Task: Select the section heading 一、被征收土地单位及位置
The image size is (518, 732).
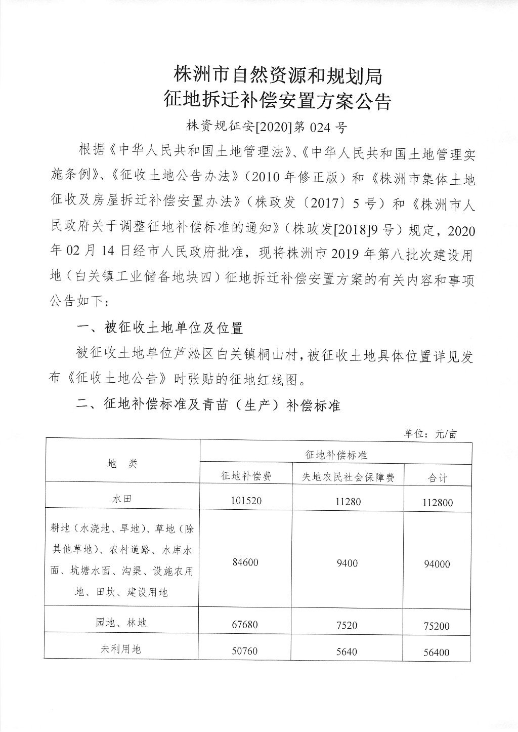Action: (x=160, y=328)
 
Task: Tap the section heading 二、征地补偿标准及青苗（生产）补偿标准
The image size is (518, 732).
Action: (x=208, y=405)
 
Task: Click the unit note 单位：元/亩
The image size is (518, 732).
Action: (x=430, y=434)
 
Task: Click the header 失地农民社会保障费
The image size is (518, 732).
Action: (x=348, y=477)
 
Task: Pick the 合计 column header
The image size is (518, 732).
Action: (x=437, y=478)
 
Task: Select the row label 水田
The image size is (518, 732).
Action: (x=122, y=499)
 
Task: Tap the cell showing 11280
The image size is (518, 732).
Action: (x=348, y=502)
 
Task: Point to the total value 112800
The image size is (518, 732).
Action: (x=437, y=503)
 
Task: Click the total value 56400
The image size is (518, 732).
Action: (x=437, y=653)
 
